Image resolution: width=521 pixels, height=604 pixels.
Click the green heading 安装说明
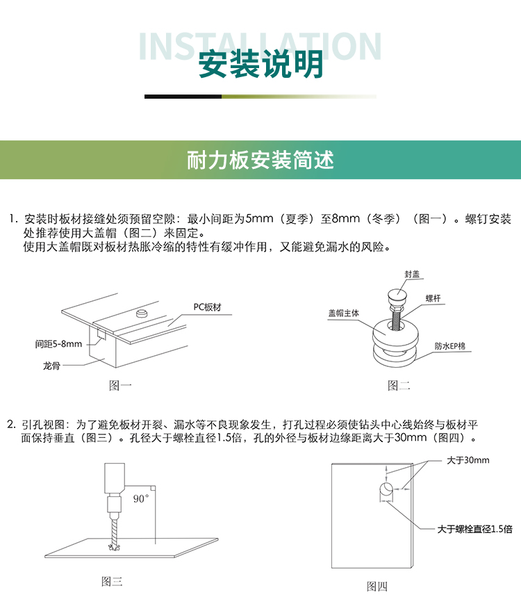pyautogui.click(x=260, y=65)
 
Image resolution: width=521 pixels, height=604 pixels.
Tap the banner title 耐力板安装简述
pyautogui.click(x=260, y=160)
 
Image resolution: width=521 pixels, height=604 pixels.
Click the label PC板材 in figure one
pyautogui.click(x=207, y=307)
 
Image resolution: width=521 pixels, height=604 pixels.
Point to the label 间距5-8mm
pyautogui.click(x=58, y=343)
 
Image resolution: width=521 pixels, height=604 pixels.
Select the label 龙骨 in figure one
pyautogui.click(x=51, y=366)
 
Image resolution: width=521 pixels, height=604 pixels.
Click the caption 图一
pyautogui.click(x=120, y=385)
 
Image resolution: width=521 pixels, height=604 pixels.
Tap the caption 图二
pyautogui.click(x=399, y=385)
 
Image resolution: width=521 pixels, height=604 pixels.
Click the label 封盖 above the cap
pyautogui.click(x=412, y=275)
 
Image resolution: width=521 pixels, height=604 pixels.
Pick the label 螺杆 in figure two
pyautogui.click(x=433, y=298)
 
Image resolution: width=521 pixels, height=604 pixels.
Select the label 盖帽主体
pyautogui.click(x=343, y=313)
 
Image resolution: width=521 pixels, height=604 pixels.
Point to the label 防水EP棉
pyautogui.click(x=449, y=346)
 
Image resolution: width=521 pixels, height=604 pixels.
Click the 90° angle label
pyautogui.click(x=140, y=498)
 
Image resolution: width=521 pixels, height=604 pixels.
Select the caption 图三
pyautogui.click(x=112, y=582)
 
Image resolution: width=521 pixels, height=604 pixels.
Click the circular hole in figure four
pyautogui.click(x=386, y=489)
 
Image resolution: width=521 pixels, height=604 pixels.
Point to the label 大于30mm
pyautogui.click(x=468, y=460)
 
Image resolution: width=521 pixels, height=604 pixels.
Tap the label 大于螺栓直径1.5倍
pyautogui.click(x=474, y=529)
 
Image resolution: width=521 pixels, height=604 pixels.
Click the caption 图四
pyautogui.click(x=377, y=587)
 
